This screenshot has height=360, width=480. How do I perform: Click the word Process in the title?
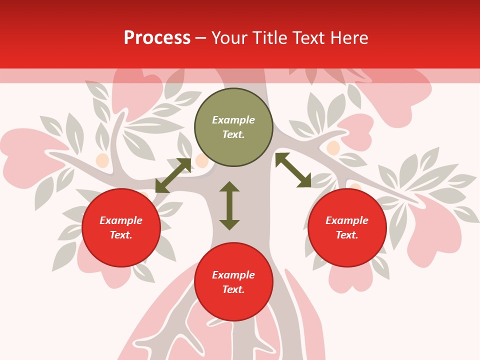157,38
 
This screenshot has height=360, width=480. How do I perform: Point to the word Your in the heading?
229,38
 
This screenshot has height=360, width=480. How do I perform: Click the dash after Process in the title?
200,38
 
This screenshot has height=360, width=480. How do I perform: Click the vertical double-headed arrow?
229,205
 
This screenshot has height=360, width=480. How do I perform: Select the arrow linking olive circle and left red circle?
173,175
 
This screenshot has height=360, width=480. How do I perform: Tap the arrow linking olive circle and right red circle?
293,170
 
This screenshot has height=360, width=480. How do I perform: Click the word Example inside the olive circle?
233,120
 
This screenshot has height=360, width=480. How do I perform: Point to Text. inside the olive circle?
233,134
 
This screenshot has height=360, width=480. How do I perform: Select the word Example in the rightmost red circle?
347,220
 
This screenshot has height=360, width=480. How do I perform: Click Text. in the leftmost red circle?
121,235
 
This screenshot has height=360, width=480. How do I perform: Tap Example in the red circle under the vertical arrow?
233,275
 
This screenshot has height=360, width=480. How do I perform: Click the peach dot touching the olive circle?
201,161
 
